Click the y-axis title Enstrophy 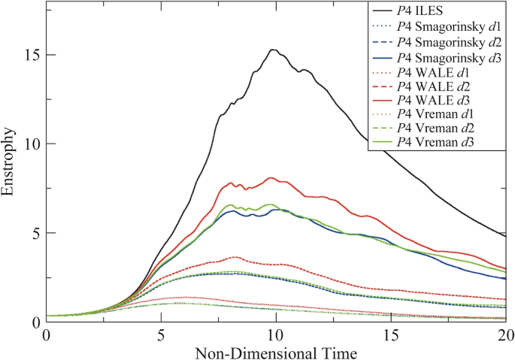[9, 162]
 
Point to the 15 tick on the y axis [31, 56]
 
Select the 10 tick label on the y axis [31, 144]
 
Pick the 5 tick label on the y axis [35, 233]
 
